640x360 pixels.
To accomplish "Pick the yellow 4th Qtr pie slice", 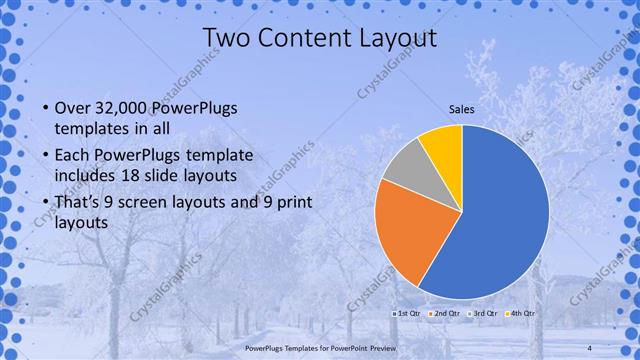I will pyautogui.click(x=442, y=147).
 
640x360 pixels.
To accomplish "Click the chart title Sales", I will pyautogui.click(x=461, y=109).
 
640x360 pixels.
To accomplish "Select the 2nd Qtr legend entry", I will pyautogui.click(x=443, y=314).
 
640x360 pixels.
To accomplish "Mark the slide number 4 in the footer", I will pyautogui.click(x=590, y=347).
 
